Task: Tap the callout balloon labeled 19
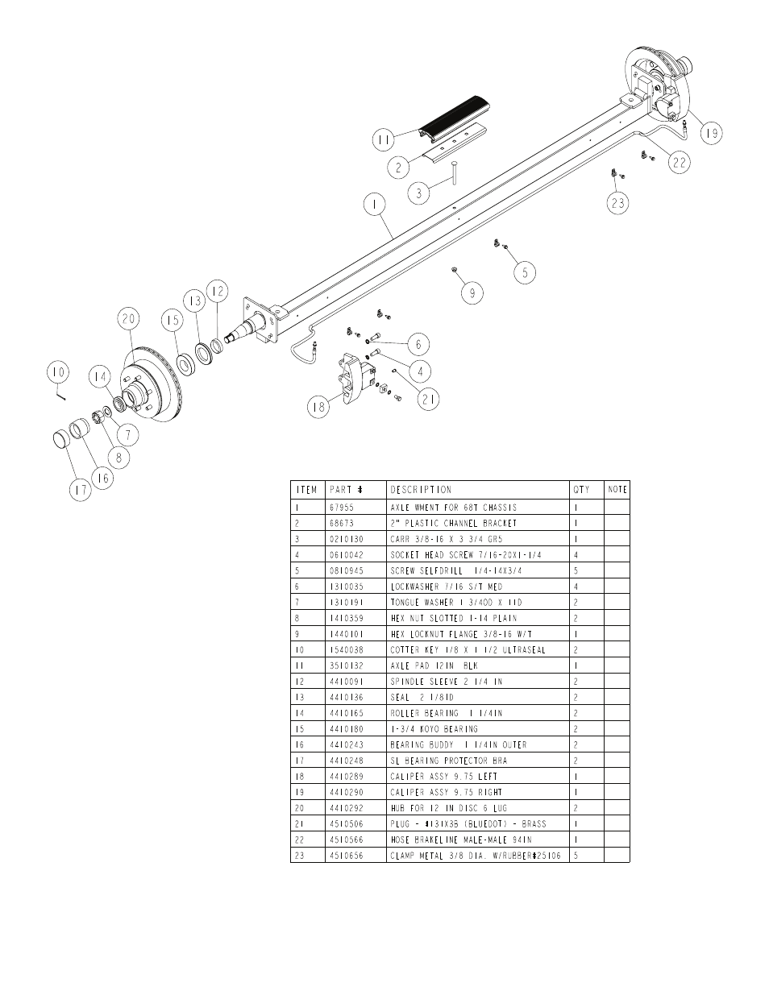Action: pyautogui.click(x=710, y=133)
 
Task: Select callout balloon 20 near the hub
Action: pyautogui.click(x=129, y=319)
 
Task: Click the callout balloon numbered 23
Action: pyautogui.click(x=617, y=203)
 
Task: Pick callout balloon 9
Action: pyautogui.click(x=473, y=292)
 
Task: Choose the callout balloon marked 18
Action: pyautogui.click(x=319, y=407)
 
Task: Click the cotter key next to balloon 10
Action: pyautogui.click(x=61, y=394)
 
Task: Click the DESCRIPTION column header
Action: pyautogui.click(x=421, y=489)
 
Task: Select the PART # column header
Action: pyautogui.click(x=346, y=489)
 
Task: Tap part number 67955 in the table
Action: pyautogui.click(x=342, y=508)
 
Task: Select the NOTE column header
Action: pyautogui.click(x=617, y=489)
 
